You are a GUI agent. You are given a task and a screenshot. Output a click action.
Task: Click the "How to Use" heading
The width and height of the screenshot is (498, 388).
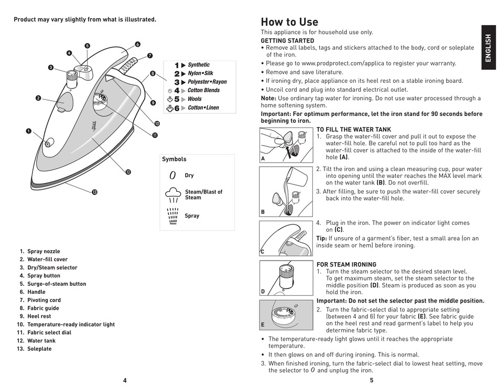point(289,22)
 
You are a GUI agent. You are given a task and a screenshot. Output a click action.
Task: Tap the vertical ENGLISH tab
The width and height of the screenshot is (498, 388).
point(488,48)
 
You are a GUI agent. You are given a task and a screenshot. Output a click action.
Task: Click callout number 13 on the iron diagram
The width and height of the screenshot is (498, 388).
point(94,192)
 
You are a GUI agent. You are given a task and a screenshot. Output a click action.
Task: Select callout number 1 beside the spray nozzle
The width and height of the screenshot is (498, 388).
point(29,131)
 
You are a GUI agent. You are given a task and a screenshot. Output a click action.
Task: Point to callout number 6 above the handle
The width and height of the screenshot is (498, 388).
point(137,44)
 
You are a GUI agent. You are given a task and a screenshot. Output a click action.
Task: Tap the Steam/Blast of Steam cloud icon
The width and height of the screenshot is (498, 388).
point(173,195)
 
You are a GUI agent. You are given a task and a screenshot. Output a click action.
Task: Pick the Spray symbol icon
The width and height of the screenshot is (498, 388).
point(173,215)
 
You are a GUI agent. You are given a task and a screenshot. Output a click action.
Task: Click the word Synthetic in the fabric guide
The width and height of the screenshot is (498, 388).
point(199,65)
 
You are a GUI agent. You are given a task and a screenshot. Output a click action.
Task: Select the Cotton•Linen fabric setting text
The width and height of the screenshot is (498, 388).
point(203,108)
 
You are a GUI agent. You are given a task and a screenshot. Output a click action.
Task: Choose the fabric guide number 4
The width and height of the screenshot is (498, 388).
point(177,91)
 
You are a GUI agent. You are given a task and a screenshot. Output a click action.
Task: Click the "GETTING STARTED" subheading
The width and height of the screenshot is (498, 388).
point(287,41)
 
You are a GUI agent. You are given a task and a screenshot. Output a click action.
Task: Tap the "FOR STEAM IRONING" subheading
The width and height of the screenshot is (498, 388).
point(346,265)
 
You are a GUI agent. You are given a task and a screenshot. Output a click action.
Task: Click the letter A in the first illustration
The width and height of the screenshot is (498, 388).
point(263,158)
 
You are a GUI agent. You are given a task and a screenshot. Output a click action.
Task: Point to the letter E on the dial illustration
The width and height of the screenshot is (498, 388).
point(263,325)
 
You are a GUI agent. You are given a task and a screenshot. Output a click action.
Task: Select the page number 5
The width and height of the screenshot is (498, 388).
point(372,381)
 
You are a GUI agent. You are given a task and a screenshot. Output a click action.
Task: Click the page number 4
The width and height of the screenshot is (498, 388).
point(125,381)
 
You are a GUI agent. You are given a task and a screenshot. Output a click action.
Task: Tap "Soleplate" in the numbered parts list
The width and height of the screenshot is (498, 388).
point(39,349)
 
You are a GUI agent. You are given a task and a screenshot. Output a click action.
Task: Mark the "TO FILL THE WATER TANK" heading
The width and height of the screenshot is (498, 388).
point(353,130)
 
